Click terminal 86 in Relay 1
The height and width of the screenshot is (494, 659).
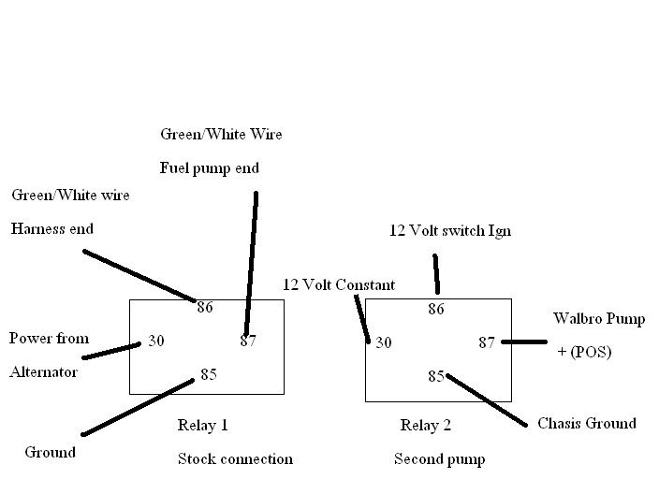[205, 307]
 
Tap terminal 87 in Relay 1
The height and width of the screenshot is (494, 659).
[248, 341]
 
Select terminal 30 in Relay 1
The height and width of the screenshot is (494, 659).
[155, 341]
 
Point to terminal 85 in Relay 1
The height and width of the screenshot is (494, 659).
[208, 375]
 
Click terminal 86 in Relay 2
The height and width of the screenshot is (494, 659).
[436, 309]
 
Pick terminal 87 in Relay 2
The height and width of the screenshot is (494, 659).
[487, 343]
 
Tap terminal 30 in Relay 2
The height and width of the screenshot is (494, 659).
[383, 343]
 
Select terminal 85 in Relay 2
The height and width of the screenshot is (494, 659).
[436, 377]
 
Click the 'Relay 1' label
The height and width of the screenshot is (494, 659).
[203, 426]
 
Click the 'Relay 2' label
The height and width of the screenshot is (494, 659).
[426, 426]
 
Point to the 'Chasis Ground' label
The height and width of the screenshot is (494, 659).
[586, 424]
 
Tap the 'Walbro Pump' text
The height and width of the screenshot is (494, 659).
[598, 319]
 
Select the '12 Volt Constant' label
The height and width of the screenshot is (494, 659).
[339, 284]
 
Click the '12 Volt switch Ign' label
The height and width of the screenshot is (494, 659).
[450, 230]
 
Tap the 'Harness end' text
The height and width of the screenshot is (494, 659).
[52, 228]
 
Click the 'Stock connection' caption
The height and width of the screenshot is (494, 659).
[235, 459]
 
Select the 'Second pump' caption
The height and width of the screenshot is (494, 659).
[439, 459]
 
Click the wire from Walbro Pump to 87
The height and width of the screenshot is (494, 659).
[524, 342]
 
